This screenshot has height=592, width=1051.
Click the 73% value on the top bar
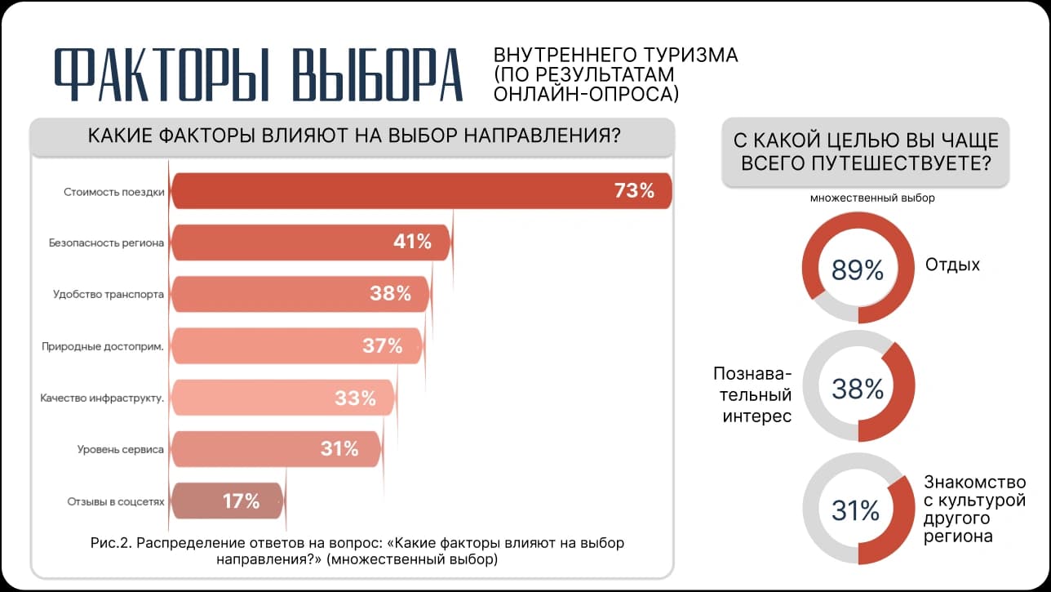(634, 190)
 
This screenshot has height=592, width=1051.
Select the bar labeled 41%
(311, 243)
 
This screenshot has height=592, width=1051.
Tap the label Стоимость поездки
(114, 192)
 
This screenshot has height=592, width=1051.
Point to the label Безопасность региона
(107, 243)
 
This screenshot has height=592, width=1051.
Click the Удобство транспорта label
(109, 294)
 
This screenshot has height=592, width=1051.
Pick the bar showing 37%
(297, 345)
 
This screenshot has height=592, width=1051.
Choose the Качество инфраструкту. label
(102, 398)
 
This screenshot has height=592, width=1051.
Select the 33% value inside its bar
(355, 398)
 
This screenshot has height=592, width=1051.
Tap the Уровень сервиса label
(121, 449)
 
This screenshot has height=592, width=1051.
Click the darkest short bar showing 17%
(228, 501)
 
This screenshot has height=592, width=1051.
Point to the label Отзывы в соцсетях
(116, 501)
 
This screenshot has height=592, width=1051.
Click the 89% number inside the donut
(858, 270)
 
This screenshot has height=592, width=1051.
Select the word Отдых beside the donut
(952, 265)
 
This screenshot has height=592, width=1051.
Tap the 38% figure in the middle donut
(858, 389)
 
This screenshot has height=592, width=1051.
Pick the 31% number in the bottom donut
(855, 510)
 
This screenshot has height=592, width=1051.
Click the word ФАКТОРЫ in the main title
(162, 74)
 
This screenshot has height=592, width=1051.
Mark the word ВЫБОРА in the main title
(378, 74)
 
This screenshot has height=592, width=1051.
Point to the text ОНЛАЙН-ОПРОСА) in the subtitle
(586, 94)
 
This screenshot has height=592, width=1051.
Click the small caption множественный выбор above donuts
(872, 198)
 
